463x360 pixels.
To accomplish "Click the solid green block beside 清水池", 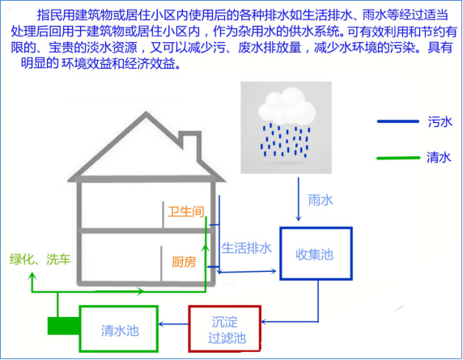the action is click(63, 326).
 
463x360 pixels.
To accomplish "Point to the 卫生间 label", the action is click(186, 212).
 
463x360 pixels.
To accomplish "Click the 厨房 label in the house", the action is click(184, 262).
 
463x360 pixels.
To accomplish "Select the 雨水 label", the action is click(321, 201).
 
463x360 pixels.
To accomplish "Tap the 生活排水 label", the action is click(247, 248).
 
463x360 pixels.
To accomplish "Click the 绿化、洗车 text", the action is click(40, 259).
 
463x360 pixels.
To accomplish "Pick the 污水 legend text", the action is click(440, 121).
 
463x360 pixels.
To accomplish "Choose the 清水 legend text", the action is click(439, 157).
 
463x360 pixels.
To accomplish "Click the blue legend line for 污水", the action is click(398, 121).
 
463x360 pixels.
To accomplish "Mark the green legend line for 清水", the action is click(398, 158).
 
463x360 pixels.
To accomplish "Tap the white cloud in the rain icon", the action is click(287, 106).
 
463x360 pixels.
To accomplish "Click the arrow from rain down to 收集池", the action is click(298, 199).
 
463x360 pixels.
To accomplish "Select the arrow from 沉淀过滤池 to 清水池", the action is click(173, 324).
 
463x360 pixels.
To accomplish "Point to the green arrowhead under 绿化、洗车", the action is click(32, 277).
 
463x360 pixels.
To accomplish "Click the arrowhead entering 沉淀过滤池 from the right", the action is click(264, 321).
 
